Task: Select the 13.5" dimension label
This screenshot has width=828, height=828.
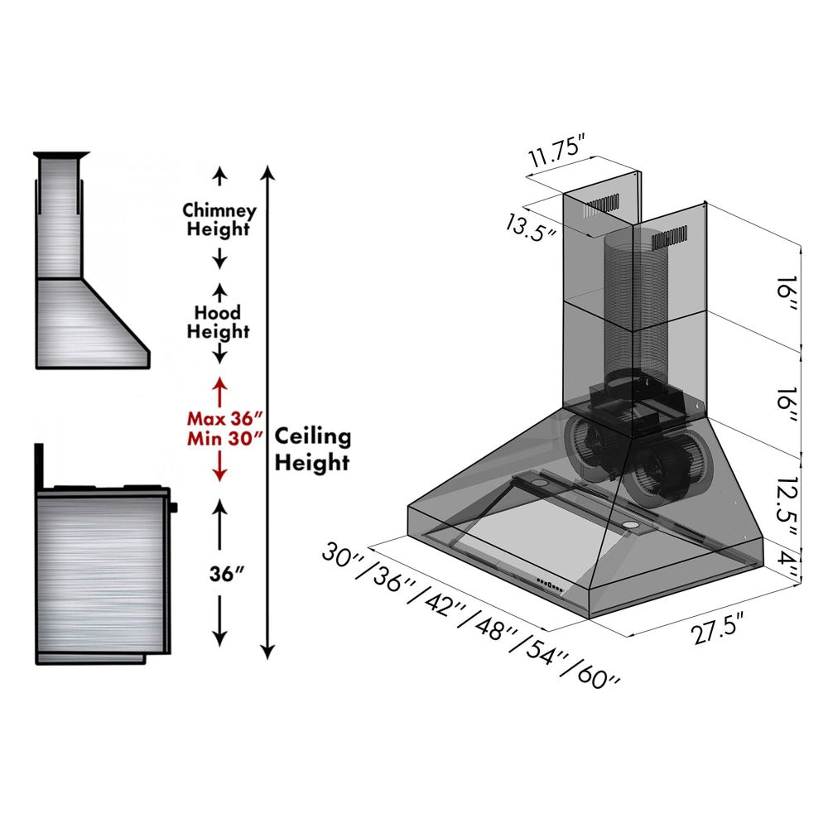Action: click(x=531, y=224)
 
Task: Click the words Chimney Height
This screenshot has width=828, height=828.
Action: click(x=219, y=219)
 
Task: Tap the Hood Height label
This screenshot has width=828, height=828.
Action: click(x=218, y=322)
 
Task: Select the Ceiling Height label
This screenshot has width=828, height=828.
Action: click(x=312, y=449)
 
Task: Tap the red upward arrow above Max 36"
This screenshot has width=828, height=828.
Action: click(x=219, y=390)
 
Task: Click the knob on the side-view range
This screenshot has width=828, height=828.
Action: click(x=174, y=505)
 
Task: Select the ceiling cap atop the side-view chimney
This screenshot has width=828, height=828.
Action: click(x=60, y=155)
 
